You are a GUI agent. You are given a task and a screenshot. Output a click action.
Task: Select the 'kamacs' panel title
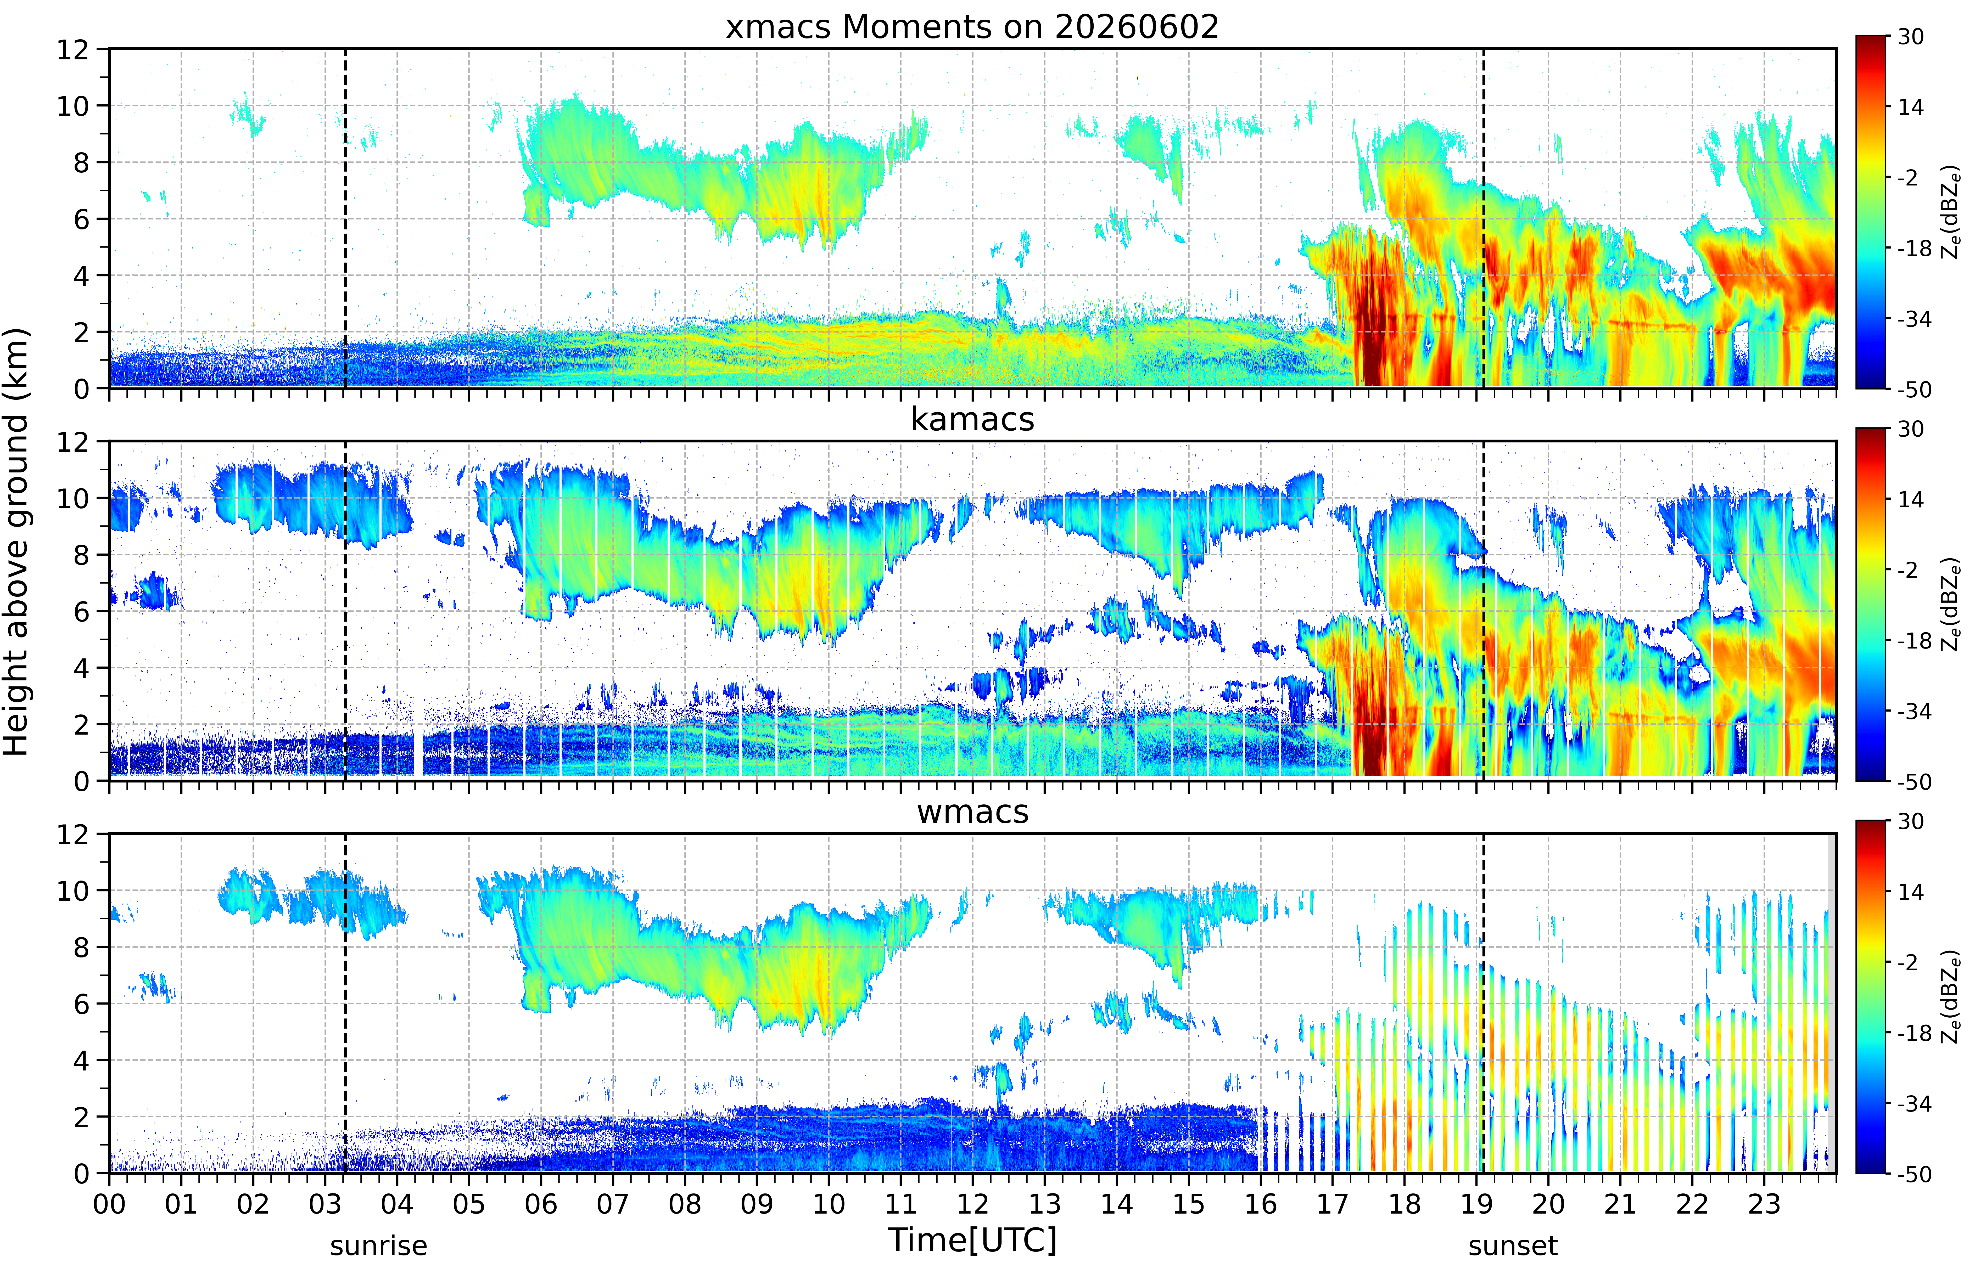(972, 419)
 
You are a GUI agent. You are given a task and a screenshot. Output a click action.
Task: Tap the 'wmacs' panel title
(972, 811)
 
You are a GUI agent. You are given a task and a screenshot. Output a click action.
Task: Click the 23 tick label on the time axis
(1764, 1204)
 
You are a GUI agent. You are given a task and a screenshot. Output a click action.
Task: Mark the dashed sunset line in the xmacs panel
(1484, 218)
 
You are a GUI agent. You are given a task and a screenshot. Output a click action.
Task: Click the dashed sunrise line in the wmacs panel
(345, 1004)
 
